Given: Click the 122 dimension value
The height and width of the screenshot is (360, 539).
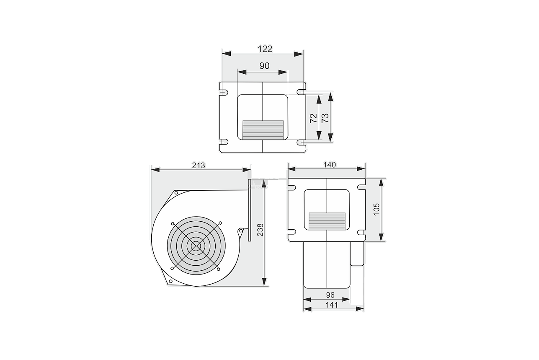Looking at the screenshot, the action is (265, 49).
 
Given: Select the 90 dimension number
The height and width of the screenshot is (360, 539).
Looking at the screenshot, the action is (264, 66).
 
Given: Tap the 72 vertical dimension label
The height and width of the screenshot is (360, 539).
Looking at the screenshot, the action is (313, 118).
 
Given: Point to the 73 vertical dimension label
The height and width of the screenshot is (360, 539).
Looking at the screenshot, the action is (325, 118).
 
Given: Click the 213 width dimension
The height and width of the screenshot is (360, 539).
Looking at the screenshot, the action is (199, 165).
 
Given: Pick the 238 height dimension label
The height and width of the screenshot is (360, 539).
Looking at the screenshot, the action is (260, 230).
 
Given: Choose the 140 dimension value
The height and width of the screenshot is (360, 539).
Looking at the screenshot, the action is (330, 165).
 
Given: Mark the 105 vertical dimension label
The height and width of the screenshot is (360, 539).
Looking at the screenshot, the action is (377, 209).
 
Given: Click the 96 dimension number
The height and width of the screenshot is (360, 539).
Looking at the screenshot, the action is (330, 295).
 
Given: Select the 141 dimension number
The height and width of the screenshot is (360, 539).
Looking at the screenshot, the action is (332, 305).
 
